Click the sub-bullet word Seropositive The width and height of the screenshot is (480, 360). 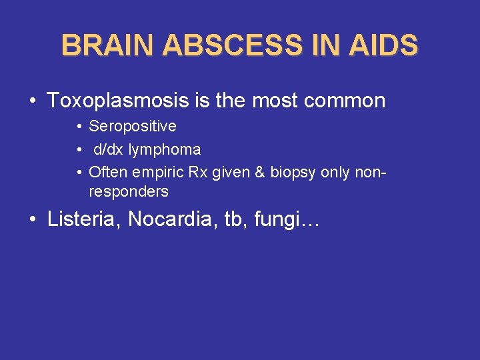[133, 127]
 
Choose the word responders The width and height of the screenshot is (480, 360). [129, 192]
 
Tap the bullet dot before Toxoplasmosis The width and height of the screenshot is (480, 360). [33, 101]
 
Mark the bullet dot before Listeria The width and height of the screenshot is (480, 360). [33, 221]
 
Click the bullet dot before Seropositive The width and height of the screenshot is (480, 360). [78, 127]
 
